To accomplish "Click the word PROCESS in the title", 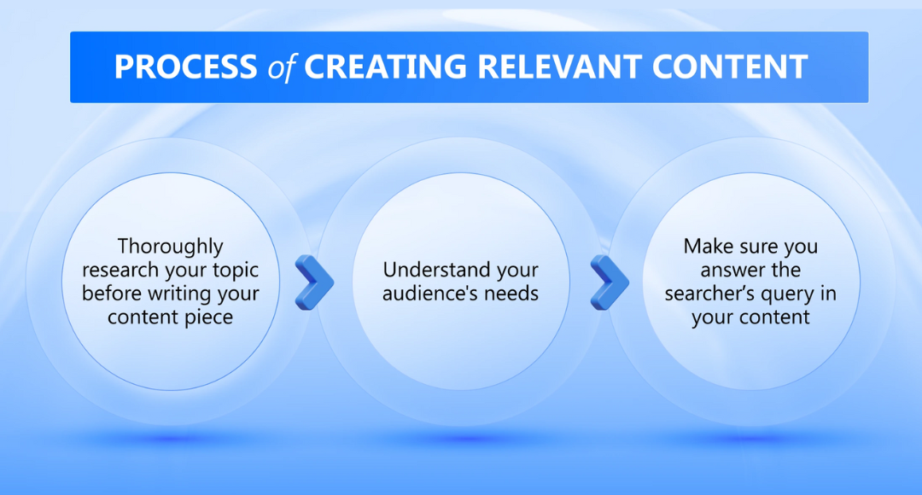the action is [186, 67].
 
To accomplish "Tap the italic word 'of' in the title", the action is [281, 67].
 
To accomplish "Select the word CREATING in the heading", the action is [386, 67].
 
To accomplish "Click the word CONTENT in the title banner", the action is [730, 67].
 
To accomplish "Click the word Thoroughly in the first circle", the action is [171, 247].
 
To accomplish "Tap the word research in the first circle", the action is [120, 271].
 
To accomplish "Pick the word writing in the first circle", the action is [179, 294].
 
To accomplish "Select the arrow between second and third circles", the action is [610, 282].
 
